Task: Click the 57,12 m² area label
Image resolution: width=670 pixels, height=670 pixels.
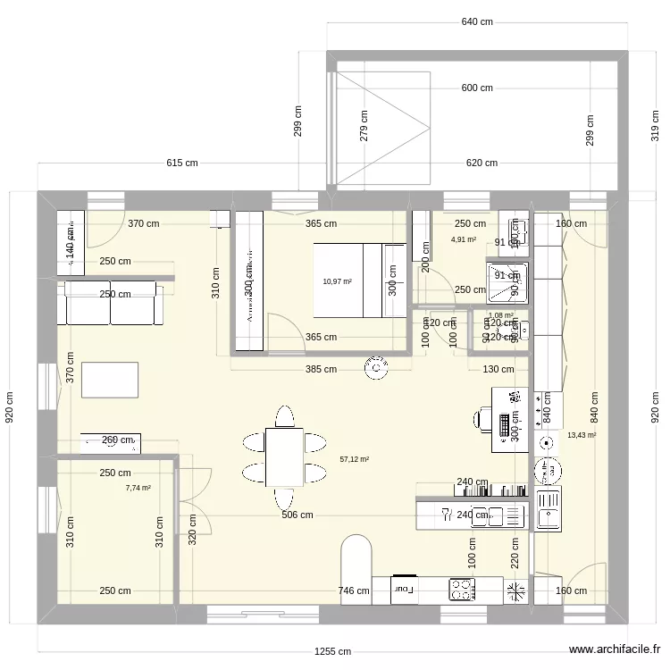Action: click(x=355, y=459)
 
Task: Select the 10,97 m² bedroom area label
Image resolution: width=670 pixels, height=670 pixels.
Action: click(x=337, y=281)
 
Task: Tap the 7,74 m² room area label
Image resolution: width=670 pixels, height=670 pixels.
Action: click(x=138, y=488)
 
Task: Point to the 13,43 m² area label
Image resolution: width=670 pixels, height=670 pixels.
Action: click(x=581, y=435)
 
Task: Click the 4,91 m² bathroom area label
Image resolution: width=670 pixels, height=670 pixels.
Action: click(x=464, y=239)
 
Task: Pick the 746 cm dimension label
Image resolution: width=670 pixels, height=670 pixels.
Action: click(x=354, y=590)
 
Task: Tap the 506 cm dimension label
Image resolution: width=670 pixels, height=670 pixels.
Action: click(x=297, y=515)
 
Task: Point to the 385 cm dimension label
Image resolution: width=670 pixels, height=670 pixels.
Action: click(x=320, y=369)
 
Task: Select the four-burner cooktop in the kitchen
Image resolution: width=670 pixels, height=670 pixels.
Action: click(x=461, y=589)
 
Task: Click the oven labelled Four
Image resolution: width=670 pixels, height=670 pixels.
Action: click(x=404, y=589)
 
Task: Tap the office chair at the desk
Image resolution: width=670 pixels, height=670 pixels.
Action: click(x=483, y=417)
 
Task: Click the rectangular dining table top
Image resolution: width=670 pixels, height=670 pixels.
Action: click(x=284, y=456)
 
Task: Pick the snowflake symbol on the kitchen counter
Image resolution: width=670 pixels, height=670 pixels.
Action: click(x=515, y=590)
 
